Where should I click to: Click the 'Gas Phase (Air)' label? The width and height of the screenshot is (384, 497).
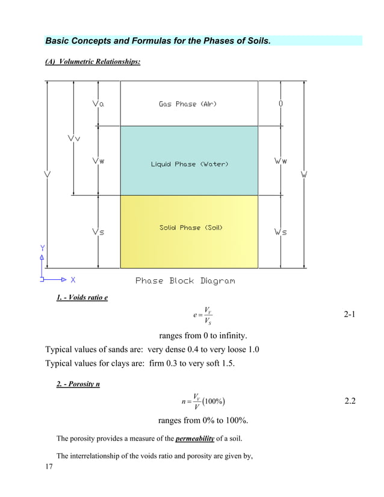point(188,104)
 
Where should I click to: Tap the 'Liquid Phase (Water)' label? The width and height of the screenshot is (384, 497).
point(189,164)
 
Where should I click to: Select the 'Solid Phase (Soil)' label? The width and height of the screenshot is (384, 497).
point(191,227)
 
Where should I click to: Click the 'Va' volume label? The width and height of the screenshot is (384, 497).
point(98,104)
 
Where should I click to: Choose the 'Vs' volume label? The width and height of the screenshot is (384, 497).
point(98,232)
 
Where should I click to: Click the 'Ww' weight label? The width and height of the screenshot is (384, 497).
point(280,161)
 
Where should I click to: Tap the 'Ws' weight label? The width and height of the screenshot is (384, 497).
point(280,232)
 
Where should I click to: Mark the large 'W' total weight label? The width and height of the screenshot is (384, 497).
point(305,174)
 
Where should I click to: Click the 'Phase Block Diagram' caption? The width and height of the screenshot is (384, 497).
point(185,281)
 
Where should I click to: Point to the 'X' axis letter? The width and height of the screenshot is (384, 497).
point(73,280)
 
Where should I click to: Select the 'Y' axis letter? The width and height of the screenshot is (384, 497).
point(42,248)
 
